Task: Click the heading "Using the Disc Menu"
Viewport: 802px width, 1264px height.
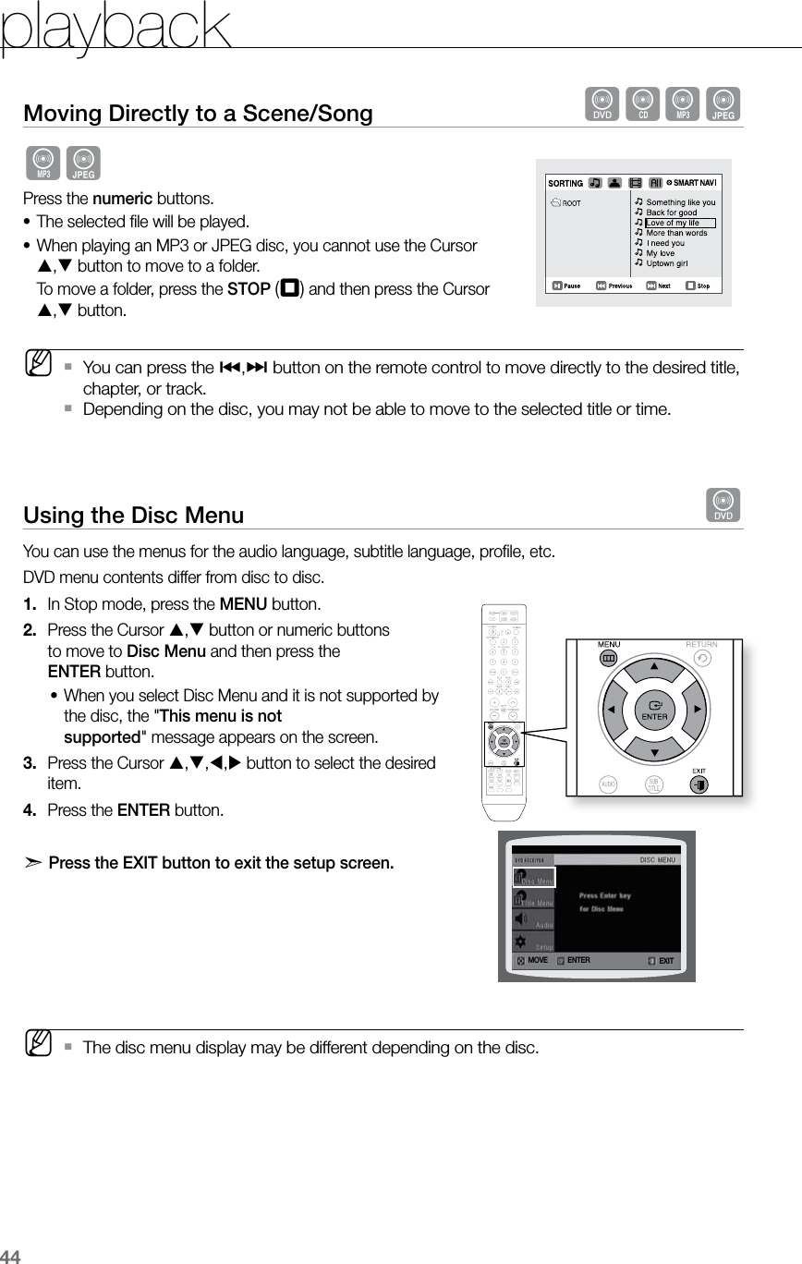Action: (x=134, y=515)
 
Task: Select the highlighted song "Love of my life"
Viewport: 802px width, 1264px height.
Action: (x=673, y=223)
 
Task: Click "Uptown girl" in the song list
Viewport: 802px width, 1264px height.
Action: (x=666, y=263)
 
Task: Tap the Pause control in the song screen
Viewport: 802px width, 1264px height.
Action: (x=566, y=286)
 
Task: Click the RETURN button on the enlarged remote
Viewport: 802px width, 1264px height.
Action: (x=702, y=658)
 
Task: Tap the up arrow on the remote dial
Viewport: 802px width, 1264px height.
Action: (x=654, y=665)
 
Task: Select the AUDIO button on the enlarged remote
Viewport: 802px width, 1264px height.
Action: (x=609, y=784)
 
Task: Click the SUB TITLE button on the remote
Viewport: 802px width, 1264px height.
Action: (x=654, y=784)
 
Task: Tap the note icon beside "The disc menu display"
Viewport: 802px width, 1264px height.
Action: (x=39, y=1048)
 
